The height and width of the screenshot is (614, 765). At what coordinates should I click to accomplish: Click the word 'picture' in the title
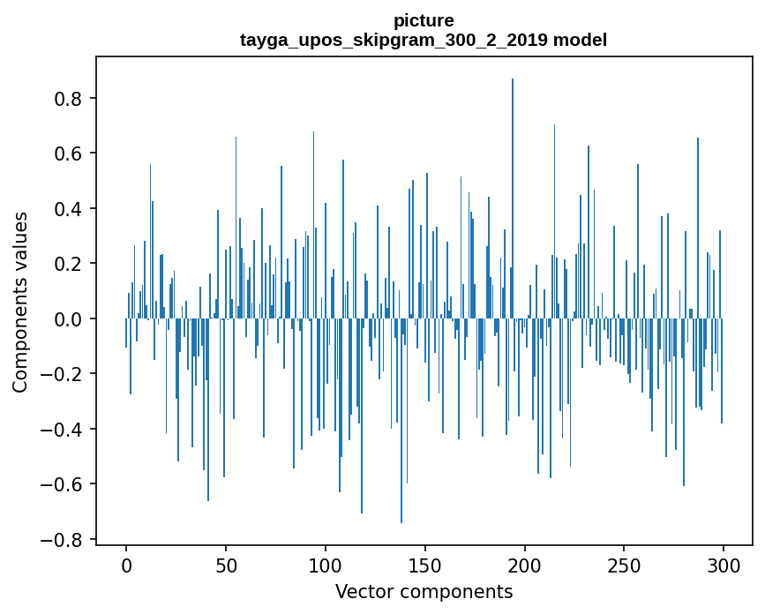point(424,20)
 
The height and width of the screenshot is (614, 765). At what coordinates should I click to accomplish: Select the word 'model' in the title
point(580,40)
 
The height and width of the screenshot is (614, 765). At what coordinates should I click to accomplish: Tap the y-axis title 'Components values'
point(20,302)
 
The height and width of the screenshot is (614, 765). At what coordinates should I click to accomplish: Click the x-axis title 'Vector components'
point(424,591)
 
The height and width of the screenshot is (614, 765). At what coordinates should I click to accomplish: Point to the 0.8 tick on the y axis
point(71,98)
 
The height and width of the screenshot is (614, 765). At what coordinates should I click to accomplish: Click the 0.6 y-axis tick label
point(71,153)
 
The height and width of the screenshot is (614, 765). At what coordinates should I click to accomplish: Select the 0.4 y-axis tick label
point(71,208)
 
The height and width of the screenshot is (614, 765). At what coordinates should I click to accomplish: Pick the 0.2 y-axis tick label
point(71,264)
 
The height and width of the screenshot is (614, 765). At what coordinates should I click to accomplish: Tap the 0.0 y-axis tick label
point(71,318)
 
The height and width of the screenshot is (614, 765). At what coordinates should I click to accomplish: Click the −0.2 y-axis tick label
point(65,374)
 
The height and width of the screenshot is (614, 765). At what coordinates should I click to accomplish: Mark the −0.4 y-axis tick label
point(65,429)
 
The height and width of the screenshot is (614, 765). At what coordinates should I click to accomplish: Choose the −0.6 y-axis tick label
point(65,484)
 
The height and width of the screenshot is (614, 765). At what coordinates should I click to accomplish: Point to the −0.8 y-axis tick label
point(65,539)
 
